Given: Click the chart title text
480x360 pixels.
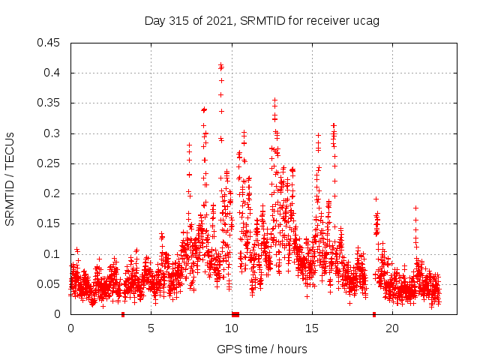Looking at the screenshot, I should [262, 20].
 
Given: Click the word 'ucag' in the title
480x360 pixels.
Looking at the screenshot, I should [367, 20].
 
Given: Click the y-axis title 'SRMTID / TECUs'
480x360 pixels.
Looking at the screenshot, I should [10, 178].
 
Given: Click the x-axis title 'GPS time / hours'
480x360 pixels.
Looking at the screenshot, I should [262, 349].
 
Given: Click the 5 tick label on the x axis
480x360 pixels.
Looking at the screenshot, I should [151, 328].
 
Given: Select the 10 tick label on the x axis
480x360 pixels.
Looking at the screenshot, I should [231, 328].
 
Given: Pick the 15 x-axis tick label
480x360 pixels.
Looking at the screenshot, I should [311, 328].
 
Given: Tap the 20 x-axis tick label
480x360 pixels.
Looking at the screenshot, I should [391, 328].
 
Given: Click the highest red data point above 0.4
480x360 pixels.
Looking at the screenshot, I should [220, 64].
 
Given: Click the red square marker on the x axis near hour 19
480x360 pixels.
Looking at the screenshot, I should [373, 314].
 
